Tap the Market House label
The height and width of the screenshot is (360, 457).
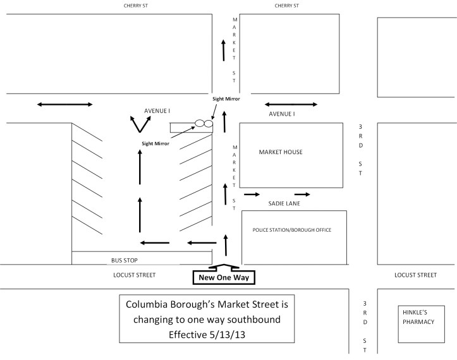tap(281, 152)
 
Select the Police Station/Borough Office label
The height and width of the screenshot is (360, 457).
tap(291, 230)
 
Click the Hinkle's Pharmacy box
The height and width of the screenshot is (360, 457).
tap(416, 317)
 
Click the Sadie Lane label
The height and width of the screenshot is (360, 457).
tap(284, 204)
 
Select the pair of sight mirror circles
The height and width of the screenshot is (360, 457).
tap(204, 123)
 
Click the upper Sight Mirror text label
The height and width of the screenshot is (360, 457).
tap(225, 99)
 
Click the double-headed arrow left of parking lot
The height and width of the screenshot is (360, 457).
tap(65, 104)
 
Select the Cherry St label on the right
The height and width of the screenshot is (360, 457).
tap(286, 5)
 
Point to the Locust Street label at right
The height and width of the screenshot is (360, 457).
tap(415, 275)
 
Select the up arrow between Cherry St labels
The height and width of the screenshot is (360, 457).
tap(223, 49)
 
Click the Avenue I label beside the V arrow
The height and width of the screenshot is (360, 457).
tap(157, 111)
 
